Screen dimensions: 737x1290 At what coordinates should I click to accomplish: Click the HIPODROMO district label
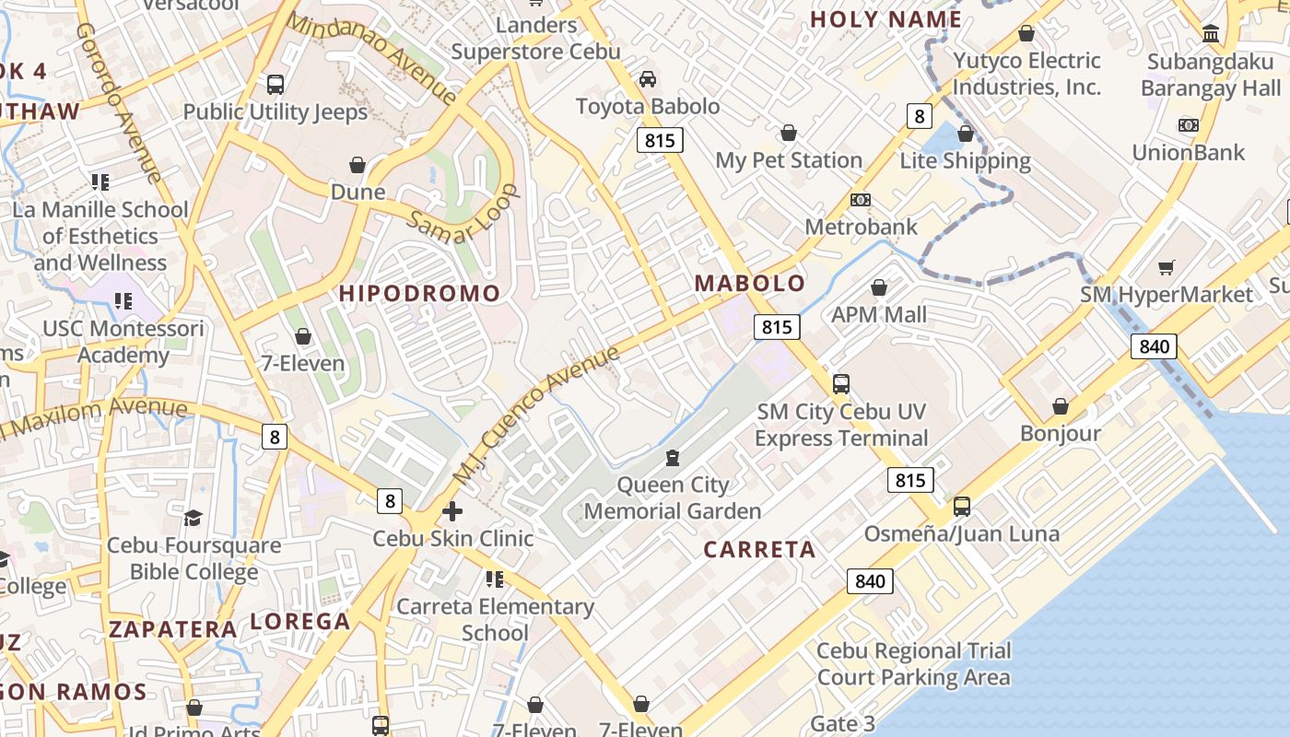(420, 294)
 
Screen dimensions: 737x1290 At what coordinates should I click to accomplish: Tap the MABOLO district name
(750, 284)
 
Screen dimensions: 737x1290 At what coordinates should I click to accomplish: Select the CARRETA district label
(760, 550)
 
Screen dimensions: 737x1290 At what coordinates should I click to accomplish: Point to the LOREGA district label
(300, 622)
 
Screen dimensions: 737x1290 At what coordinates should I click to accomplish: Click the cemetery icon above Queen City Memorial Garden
(673, 458)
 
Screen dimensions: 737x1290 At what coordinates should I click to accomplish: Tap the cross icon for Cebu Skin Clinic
(452, 511)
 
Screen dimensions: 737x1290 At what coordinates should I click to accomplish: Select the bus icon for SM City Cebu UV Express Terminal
(841, 384)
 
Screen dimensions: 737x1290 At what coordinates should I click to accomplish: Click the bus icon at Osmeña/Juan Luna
(962, 506)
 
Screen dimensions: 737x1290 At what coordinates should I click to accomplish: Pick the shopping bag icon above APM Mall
(879, 287)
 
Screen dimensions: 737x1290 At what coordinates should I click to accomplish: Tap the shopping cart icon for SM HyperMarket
(1167, 268)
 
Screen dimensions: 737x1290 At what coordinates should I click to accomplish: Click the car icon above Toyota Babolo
(648, 79)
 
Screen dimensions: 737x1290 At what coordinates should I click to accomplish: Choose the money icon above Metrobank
(861, 200)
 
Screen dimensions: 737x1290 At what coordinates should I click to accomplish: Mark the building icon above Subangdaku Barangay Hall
(1211, 35)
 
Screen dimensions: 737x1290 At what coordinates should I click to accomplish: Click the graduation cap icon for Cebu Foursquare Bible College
(193, 518)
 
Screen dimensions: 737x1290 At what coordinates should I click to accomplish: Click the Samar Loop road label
(463, 215)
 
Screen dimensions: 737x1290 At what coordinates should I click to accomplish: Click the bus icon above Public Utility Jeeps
(275, 85)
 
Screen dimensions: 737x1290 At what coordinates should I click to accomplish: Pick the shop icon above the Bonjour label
(1061, 406)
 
